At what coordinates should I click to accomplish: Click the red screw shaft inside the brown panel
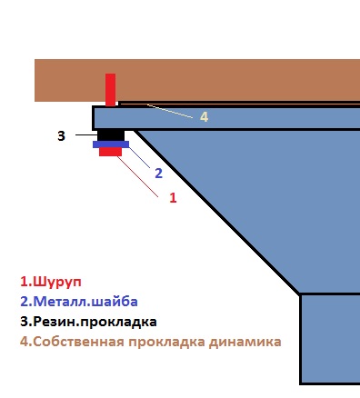110,90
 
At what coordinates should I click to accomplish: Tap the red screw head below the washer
110,152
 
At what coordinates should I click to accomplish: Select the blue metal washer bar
111,144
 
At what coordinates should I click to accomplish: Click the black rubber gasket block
111,135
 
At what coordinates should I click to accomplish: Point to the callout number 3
61,136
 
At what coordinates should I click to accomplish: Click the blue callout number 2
158,174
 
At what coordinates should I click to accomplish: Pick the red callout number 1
173,197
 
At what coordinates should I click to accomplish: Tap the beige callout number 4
204,117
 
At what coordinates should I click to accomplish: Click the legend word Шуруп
57,283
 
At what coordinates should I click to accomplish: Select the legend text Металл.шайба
85,302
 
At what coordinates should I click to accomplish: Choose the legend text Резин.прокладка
95,322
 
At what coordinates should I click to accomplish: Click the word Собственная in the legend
78,342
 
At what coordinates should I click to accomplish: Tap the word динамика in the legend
245,342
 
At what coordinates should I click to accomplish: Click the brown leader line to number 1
137,176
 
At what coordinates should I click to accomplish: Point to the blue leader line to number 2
139,157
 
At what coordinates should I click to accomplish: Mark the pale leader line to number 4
170,111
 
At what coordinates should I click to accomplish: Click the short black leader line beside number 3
86,134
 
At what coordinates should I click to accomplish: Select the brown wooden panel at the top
197,80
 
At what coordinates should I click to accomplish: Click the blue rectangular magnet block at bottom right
330,339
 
